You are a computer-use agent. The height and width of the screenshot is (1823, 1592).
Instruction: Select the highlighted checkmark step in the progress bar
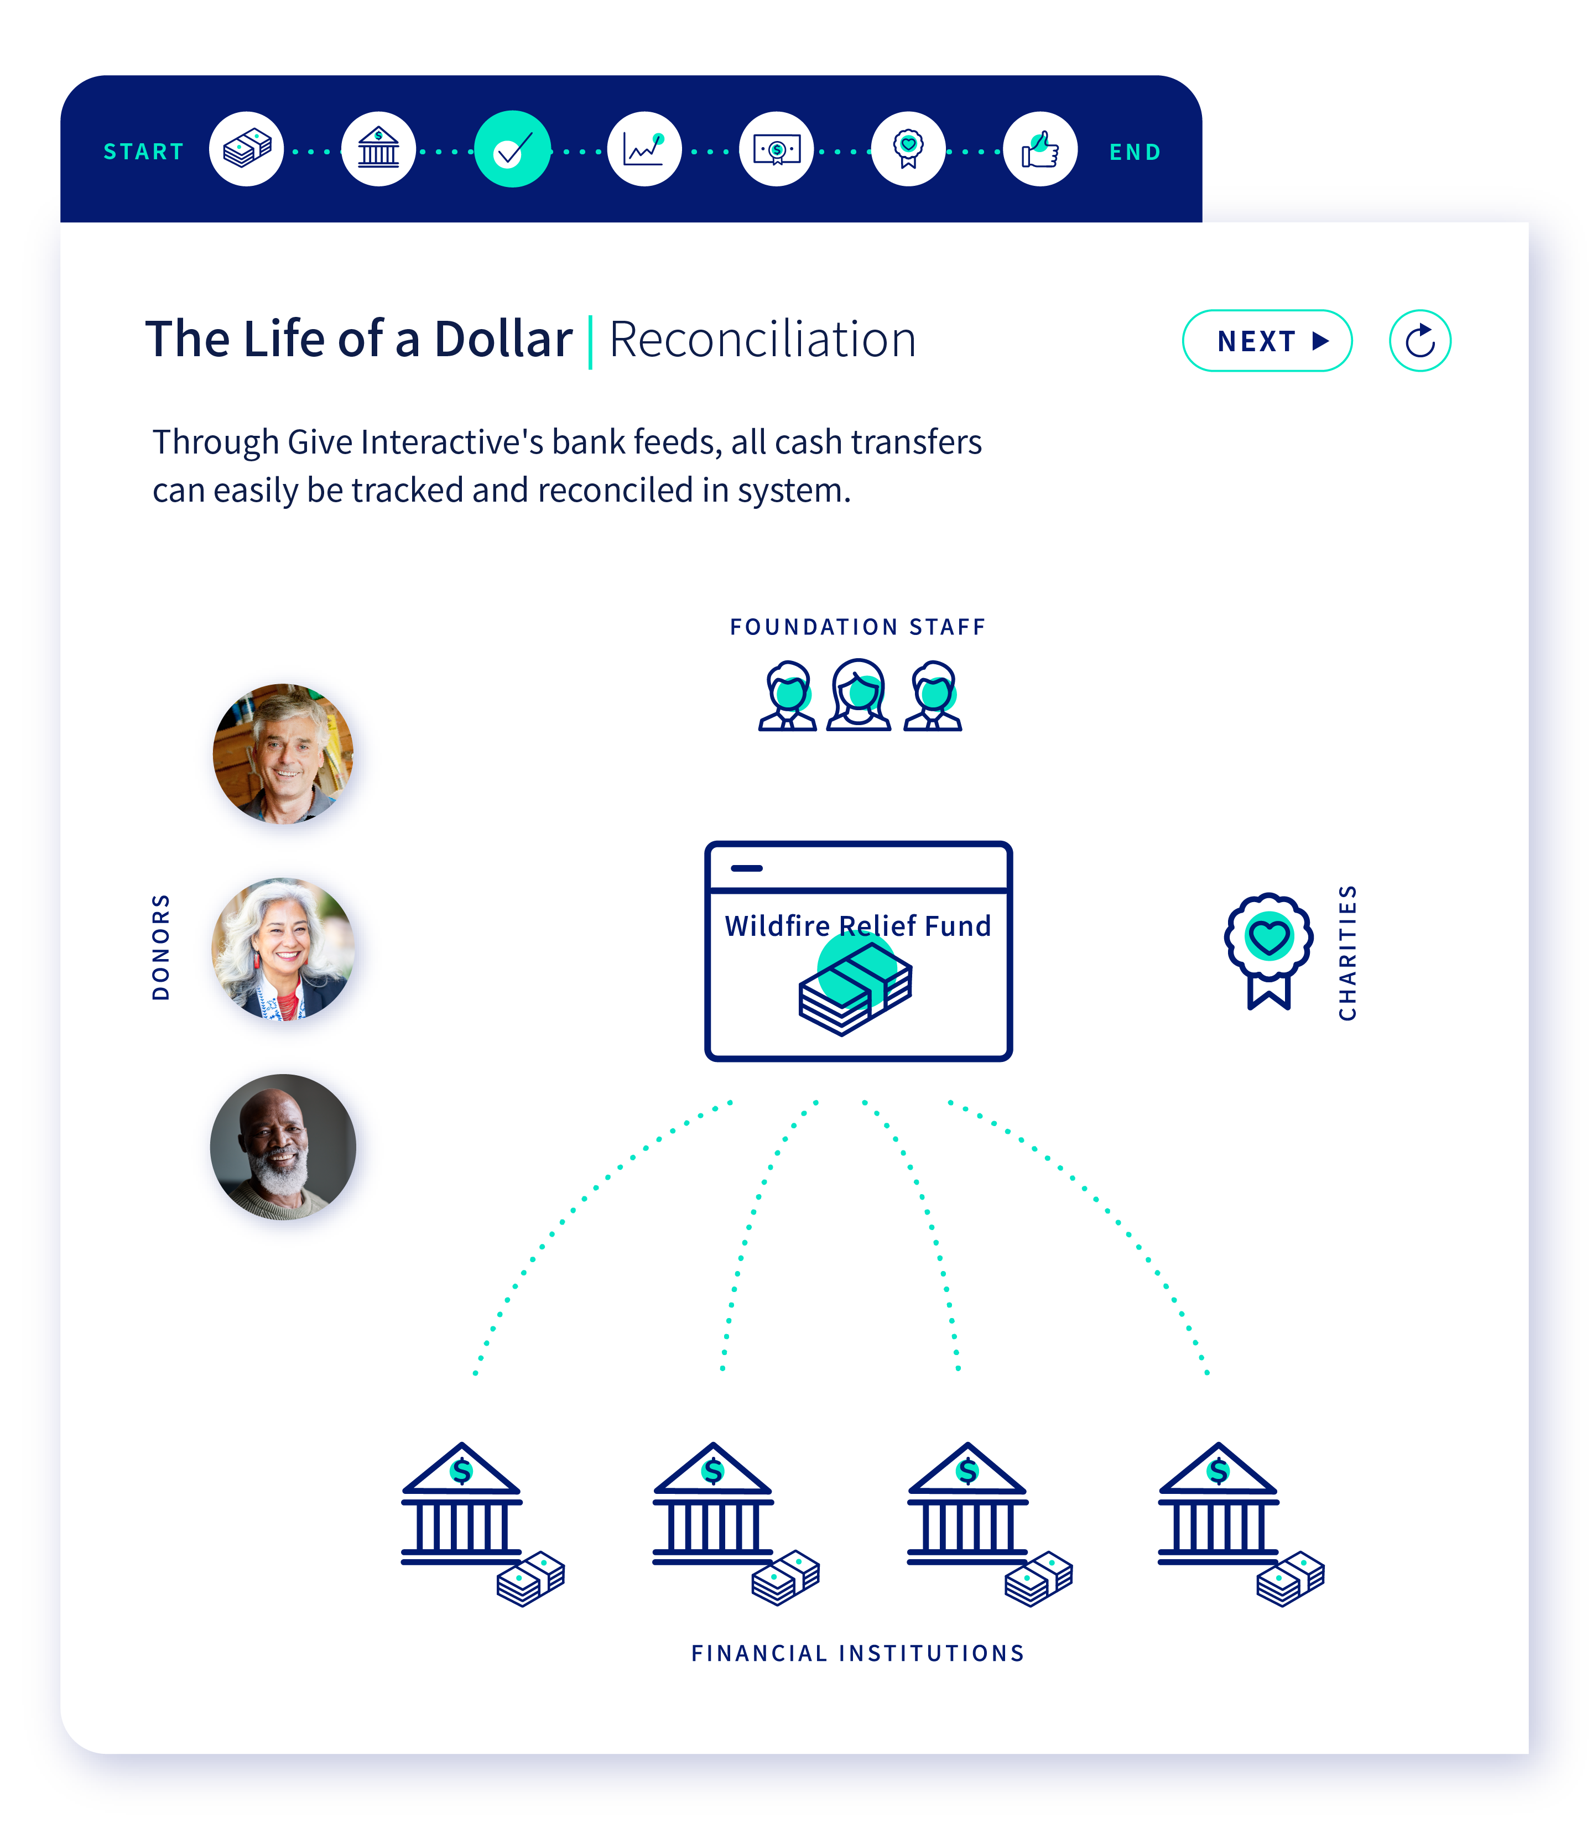tap(513, 149)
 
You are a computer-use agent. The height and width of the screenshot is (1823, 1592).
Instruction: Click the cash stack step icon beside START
tap(247, 149)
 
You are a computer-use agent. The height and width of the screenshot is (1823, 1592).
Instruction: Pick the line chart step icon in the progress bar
tap(644, 149)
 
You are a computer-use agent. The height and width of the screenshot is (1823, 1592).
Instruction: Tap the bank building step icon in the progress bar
tap(378, 149)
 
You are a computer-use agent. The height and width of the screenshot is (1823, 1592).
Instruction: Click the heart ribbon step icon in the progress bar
tap(908, 149)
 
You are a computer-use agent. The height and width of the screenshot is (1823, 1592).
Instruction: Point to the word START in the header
tap(144, 152)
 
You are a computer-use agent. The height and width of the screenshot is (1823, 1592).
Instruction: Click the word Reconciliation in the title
tap(762, 340)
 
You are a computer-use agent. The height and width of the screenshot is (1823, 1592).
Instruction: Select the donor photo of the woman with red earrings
tap(283, 948)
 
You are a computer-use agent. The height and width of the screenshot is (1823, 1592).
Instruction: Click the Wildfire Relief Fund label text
tap(857, 926)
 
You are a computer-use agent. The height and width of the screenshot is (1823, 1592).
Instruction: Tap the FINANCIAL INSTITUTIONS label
tap(857, 1653)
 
